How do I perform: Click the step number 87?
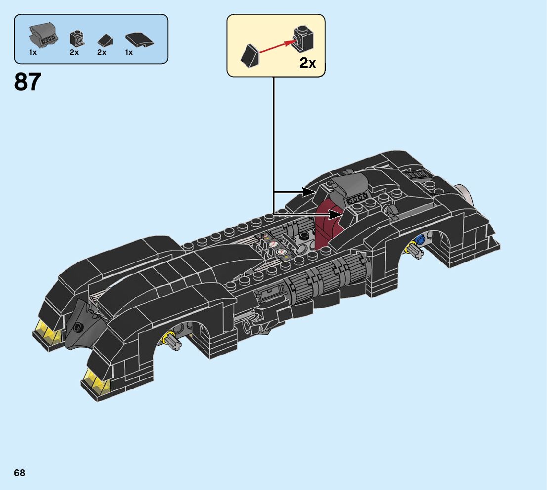[x=28, y=82]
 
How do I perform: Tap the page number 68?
[x=20, y=473]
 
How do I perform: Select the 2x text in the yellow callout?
[x=307, y=63]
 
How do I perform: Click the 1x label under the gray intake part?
[x=33, y=52]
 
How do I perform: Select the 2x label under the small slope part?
[x=102, y=52]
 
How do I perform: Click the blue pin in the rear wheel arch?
[x=421, y=240]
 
